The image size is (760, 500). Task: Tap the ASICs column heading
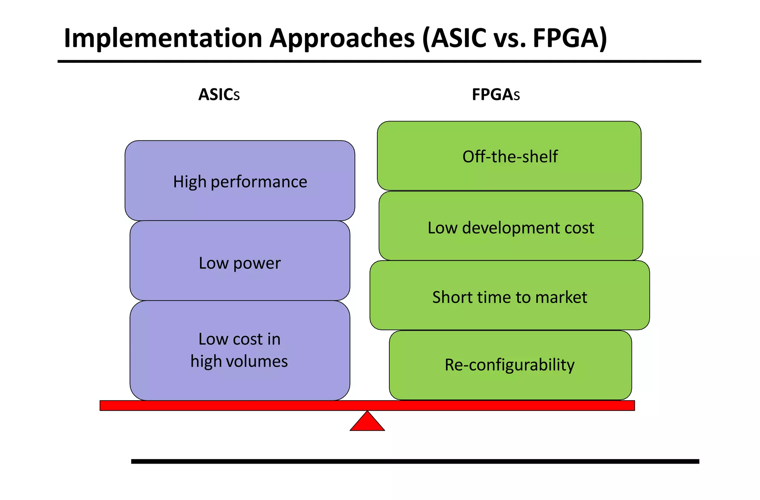[x=219, y=95]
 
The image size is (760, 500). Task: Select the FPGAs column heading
[x=496, y=95]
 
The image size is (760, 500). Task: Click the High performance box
[x=240, y=181]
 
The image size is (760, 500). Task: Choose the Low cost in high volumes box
[x=240, y=350]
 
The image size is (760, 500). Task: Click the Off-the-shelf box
[x=509, y=156]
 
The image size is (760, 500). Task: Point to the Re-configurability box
[x=510, y=365]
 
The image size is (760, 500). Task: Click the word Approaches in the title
[x=342, y=38]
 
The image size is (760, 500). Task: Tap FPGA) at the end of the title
[x=570, y=38]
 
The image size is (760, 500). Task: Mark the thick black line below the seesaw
[x=415, y=461]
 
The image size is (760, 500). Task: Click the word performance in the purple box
[x=259, y=182]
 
